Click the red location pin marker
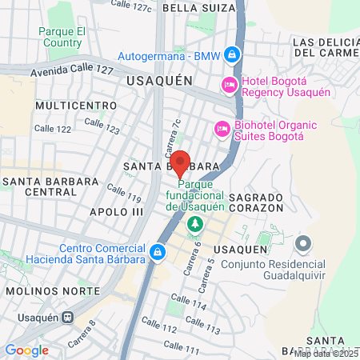pyautogui.click(x=181, y=162)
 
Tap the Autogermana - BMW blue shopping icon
pyautogui.click(x=231, y=55)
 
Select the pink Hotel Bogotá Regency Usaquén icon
pyautogui.click(x=230, y=85)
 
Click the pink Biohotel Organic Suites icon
pyautogui.click(x=222, y=128)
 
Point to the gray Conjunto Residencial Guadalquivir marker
pyautogui.click(x=302, y=242)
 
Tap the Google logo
pyautogui.click(x=26, y=350)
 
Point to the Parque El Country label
pyautogui.click(x=61, y=36)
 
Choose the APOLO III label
pyautogui.click(x=116, y=211)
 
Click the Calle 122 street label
pyautogui.click(x=53, y=128)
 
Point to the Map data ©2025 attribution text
pyautogui.click(x=325, y=353)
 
